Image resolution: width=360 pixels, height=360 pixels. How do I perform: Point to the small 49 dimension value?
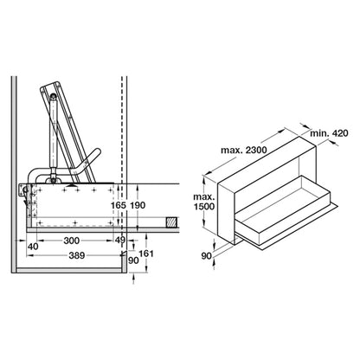pos(119,240)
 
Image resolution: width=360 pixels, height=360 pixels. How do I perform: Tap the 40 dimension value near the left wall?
pos(33,247)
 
